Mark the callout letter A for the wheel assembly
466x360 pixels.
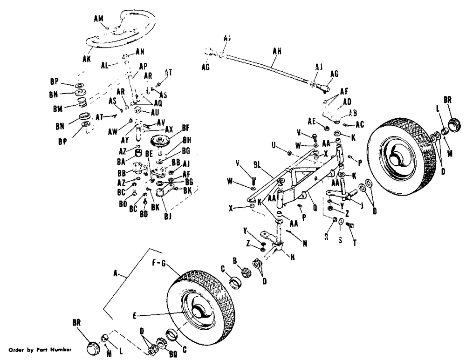pyautogui.click(x=115, y=275)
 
